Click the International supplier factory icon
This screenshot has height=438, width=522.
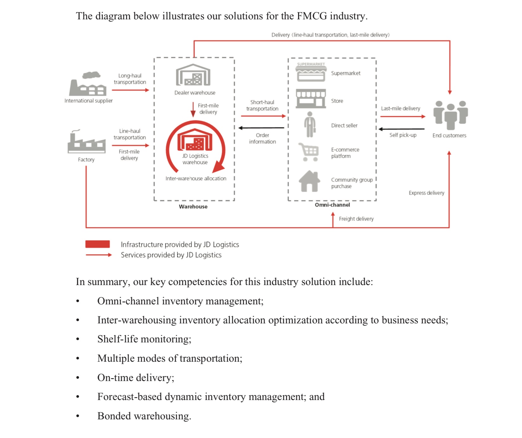[x=88, y=84]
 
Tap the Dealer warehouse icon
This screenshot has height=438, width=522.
[x=193, y=75]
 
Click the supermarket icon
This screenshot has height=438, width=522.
[x=311, y=72]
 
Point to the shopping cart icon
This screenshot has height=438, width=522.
[x=309, y=152]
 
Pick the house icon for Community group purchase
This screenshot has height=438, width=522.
[x=309, y=181]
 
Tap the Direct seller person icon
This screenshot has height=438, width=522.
[x=310, y=124]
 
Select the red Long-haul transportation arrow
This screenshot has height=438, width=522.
[x=130, y=90]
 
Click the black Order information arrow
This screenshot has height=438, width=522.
[x=261, y=128]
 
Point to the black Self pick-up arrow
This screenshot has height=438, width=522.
[x=402, y=129]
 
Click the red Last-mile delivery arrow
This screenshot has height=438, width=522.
[x=403, y=117]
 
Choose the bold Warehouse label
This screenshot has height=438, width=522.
[x=193, y=206]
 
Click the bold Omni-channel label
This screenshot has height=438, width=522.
[x=332, y=205]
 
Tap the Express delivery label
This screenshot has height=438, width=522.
[x=426, y=193]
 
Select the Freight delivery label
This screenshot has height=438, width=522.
[x=356, y=219]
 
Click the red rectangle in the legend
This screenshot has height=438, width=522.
[x=98, y=244]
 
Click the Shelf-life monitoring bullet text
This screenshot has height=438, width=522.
[x=144, y=339]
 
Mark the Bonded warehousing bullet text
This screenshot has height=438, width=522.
[x=144, y=416]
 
